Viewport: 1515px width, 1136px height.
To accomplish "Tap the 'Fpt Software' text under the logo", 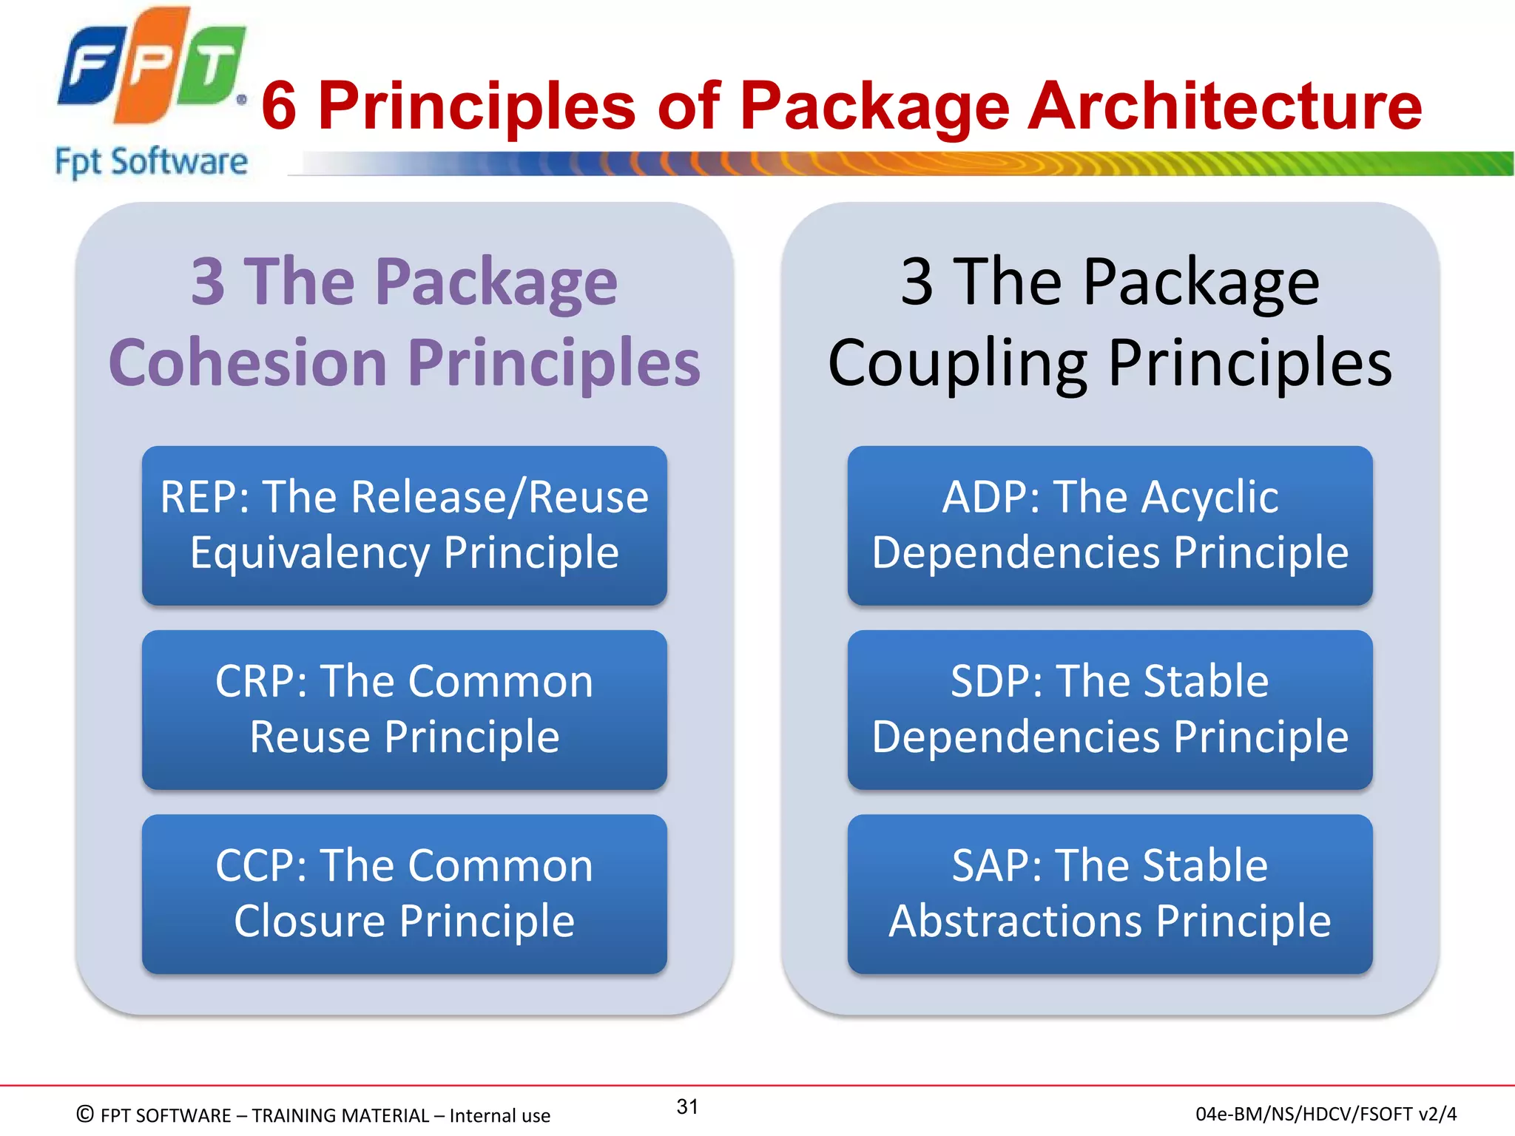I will (x=151, y=162).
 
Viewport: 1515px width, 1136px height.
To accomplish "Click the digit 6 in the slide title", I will (x=279, y=106).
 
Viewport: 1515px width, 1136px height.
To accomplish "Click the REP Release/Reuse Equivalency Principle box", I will (x=405, y=525).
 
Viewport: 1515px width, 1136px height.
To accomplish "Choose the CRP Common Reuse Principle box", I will (x=405, y=709).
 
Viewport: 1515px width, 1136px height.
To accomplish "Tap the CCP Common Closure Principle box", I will (x=405, y=893).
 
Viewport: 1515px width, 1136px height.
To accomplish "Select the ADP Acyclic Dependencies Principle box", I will (x=1110, y=525).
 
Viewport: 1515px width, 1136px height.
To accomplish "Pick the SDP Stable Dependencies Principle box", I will (x=1110, y=709).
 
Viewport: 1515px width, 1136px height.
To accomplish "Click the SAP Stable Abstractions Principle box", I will (x=1110, y=893).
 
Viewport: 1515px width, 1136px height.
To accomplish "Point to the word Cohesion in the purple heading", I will (x=248, y=362).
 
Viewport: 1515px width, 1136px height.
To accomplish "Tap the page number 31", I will (x=687, y=1106).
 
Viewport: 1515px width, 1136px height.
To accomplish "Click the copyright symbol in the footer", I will (x=85, y=1114).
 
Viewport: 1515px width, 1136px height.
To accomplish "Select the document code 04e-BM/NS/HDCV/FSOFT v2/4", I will (x=1326, y=1114).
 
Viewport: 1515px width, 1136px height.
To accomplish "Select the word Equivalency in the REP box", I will (x=310, y=553).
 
